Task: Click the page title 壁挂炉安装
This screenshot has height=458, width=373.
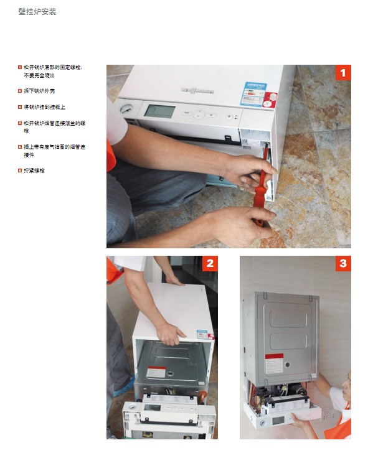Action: pyautogui.click(x=37, y=11)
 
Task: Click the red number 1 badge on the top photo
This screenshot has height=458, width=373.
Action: pyautogui.click(x=343, y=73)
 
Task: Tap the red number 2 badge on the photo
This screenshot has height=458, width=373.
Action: pyautogui.click(x=210, y=263)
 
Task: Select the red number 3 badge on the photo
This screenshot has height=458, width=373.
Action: pyautogui.click(x=343, y=263)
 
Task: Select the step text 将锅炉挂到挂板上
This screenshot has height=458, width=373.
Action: pyautogui.click(x=44, y=107)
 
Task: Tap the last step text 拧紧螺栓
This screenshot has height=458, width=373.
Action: pyautogui.click(x=34, y=171)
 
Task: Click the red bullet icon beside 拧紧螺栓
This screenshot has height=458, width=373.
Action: pyautogui.click(x=19, y=171)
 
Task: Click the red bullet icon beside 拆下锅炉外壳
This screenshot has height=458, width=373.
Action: pyautogui.click(x=19, y=91)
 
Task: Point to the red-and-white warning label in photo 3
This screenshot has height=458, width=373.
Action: pyautogui.click(x=274, y=363)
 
